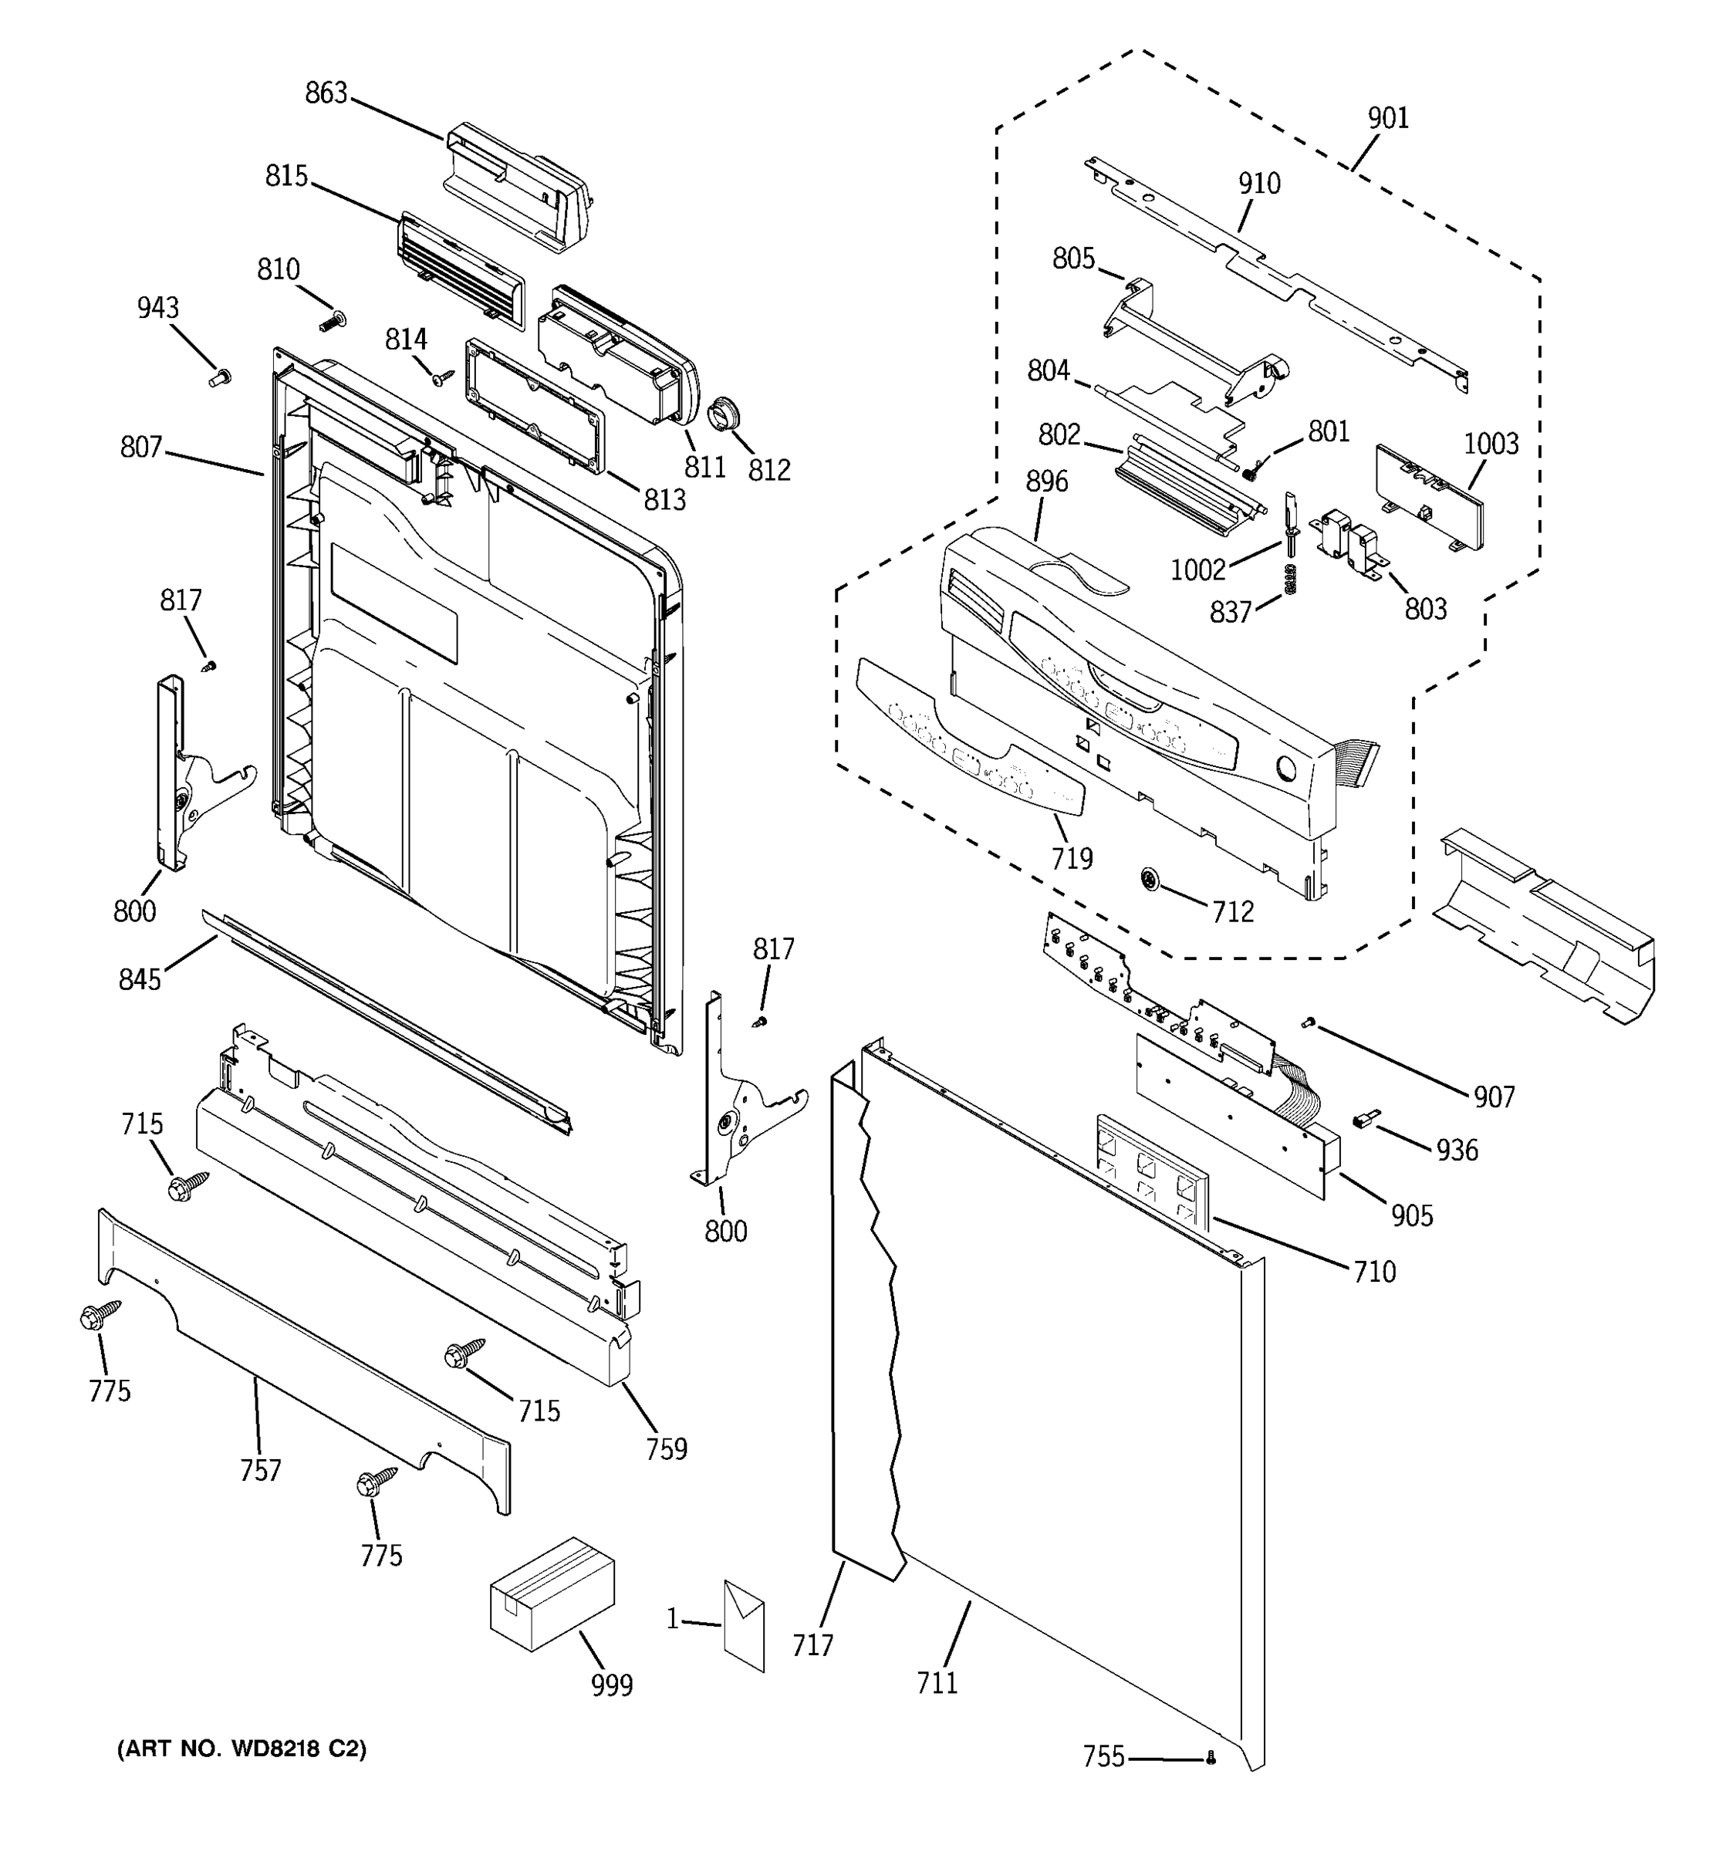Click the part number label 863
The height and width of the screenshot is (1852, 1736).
(x=326, y=93)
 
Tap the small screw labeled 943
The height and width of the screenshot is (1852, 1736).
(x=220, y=377)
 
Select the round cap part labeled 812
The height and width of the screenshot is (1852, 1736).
(x=724, y=414)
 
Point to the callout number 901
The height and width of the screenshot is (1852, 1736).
(x=1388, y=118)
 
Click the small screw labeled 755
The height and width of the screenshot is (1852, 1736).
(x=1211, y=1757)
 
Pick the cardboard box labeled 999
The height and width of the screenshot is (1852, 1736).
(x=552, y=1593)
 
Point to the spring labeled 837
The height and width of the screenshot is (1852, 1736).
(x=1290, y=579)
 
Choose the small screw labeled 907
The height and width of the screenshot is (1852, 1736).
(x=1308, y=1024)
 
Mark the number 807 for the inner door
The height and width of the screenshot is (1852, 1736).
(x=141, y=448)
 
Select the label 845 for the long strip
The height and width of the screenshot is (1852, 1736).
(x=140, y=979)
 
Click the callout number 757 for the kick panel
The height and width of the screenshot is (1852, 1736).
(x=260, y=1470)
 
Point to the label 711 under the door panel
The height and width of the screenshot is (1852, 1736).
(x=937, y=1682)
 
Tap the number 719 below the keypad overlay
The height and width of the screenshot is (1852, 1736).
(x=1071, y=858)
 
